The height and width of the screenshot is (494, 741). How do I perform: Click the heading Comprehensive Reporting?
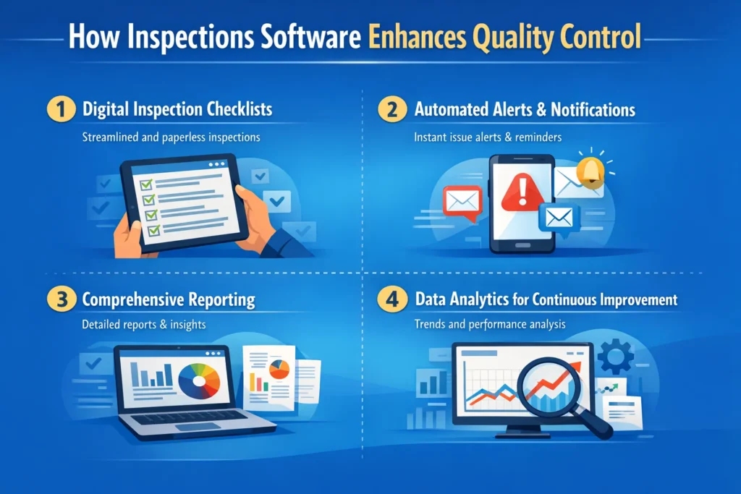point(169,300)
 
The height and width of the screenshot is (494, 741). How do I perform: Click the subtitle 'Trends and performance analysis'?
point(489,325)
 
